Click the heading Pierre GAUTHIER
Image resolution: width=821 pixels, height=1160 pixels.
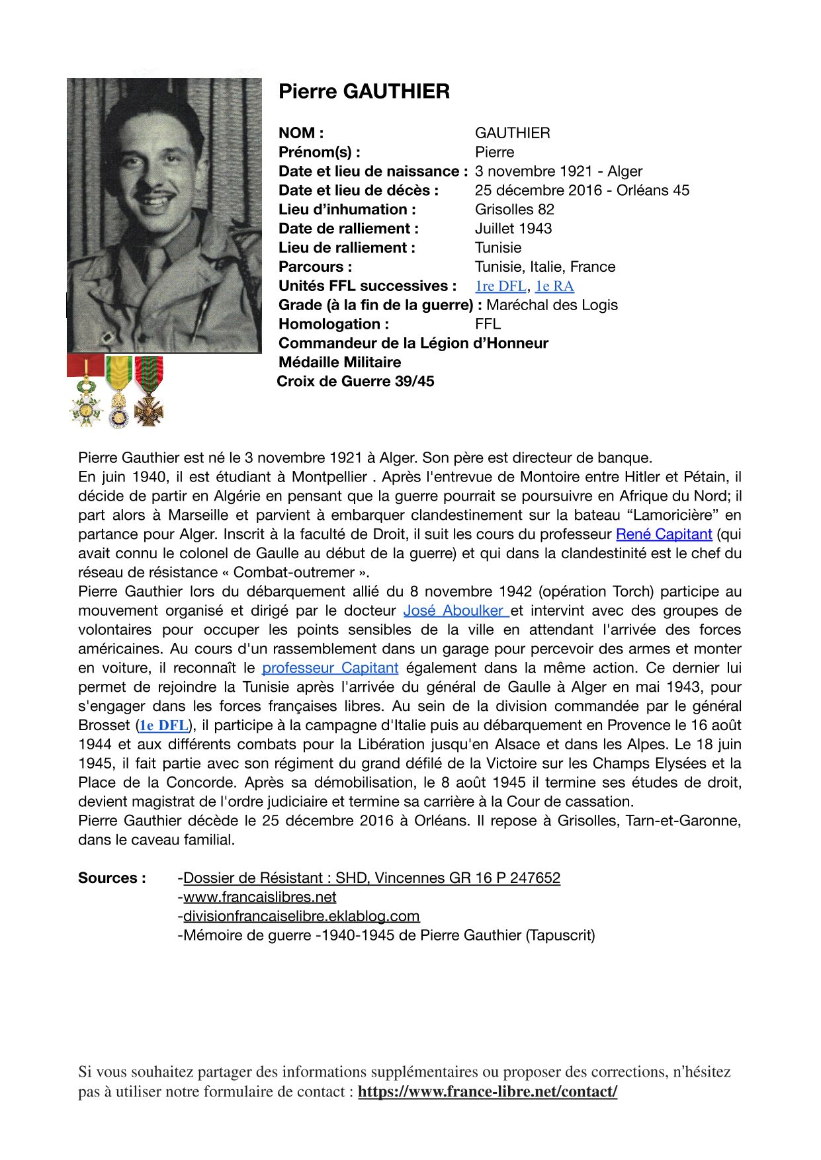[364, 91]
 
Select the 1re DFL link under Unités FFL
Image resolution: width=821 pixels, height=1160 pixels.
[500, 286]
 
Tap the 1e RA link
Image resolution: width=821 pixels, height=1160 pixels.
[554, 286]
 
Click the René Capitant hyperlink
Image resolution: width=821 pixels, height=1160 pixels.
[664, 534]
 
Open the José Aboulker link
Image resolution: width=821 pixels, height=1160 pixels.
[455, 611]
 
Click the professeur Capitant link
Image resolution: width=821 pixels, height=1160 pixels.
[330, 669]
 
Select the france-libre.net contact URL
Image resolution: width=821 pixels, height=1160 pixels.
[488, 1092]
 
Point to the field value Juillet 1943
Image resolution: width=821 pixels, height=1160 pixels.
[513, 229]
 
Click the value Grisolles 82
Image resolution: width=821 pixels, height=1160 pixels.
[514, 210]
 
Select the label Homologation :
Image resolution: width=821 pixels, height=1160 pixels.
[333, 324]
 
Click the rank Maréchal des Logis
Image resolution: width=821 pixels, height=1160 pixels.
[552, 306]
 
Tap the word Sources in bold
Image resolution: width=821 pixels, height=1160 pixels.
[112, 878]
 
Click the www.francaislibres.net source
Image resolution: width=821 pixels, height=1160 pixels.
[259, 897]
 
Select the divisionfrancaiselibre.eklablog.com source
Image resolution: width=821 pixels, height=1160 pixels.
[301, 917]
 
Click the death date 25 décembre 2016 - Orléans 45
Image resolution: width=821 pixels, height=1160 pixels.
[582, 190]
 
